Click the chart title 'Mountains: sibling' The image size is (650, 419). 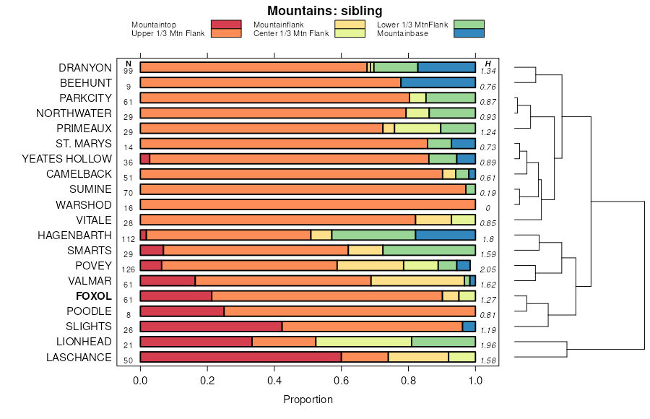click(x=324, y=11)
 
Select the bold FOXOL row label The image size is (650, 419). click(x=93, y=296)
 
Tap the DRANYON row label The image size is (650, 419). click(x=85, y=68)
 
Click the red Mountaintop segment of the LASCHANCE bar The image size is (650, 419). click(x=240, y=357)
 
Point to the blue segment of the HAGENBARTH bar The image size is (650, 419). click(x=445, y=235)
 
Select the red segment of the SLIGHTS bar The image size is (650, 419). click(x=211, y=327)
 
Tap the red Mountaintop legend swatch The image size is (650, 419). click(x=225, y=25)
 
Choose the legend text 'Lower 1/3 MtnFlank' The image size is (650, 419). click(x=412, y=25)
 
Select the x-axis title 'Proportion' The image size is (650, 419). click(x=308, y=399)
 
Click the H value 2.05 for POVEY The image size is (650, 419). click(x=489, y=269)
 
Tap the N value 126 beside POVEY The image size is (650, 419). click(x=129, y=269)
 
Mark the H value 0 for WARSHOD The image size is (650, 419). click(x=489, y=208)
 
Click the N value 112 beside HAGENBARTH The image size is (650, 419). click(x=129, y=238)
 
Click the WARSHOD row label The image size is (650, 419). click(x=84, y=205)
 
